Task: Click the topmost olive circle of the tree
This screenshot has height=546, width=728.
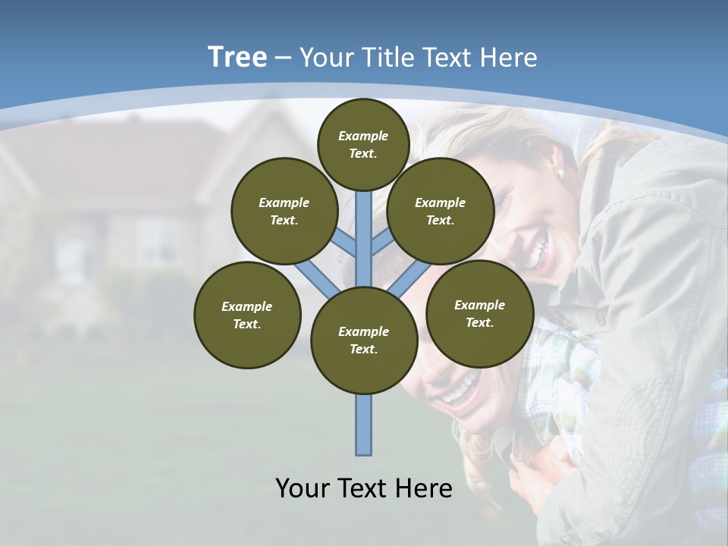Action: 363,144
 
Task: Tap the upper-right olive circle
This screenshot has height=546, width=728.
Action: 441,211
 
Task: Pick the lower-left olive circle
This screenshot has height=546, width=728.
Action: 247,315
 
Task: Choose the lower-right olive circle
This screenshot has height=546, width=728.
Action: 479,313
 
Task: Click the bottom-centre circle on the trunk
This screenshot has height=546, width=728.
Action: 364,340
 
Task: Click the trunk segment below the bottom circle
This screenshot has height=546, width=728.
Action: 364,425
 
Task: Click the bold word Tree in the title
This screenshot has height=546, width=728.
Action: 237,58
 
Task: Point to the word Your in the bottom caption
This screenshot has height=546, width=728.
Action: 303,488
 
